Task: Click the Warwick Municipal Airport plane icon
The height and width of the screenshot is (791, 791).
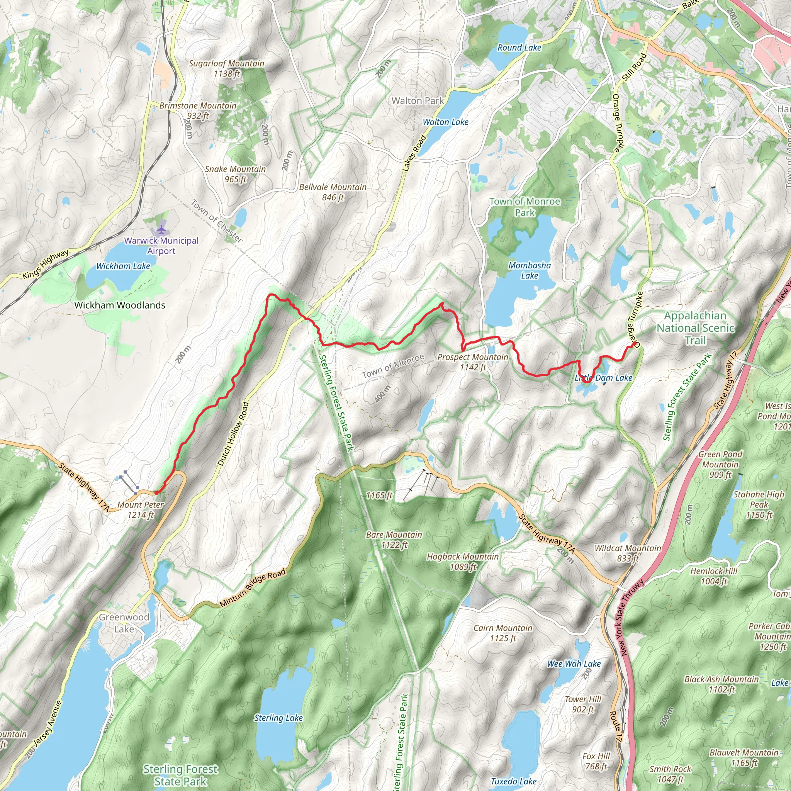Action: [x=162, y=229]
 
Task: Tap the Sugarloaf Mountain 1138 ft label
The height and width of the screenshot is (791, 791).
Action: [x=226, y=68]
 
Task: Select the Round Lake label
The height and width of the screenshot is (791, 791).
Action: [x=519, y=48]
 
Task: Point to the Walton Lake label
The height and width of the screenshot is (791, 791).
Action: [x=445, y=122]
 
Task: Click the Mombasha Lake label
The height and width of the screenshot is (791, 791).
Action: [x=530, y=270]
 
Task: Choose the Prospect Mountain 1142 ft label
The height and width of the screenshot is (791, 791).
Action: [x=473, y=362]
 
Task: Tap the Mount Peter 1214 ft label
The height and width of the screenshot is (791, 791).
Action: [x=141, y=510]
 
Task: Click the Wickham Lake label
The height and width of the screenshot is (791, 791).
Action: [x=123, y=266]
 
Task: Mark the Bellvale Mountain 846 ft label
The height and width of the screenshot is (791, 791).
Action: [x=333, y=192]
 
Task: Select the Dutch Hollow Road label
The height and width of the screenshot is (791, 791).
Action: [x=233, y=434]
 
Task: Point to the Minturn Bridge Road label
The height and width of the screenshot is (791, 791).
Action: [x=253, y=588]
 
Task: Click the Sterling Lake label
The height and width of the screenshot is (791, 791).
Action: [x=278, y=718]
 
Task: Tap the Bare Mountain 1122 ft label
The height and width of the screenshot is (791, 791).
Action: [x=394, y=539]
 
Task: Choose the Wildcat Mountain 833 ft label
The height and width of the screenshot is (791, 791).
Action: [x=628, y=553]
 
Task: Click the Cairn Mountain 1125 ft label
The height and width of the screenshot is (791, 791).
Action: [x=503, y=633]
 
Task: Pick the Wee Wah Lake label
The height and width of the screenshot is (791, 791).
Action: [x=574, y=664]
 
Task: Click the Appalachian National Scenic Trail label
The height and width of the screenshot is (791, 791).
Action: [x=695, y=328]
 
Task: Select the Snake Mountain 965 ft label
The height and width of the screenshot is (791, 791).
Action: [x=236, y=174]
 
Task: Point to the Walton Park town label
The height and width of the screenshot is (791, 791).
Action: [x=418, y=101]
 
